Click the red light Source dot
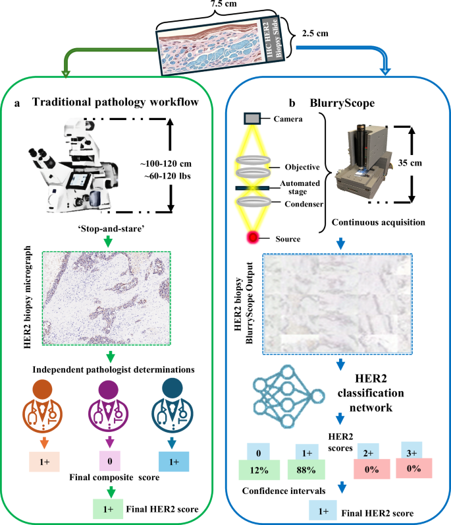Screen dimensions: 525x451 (252, 237)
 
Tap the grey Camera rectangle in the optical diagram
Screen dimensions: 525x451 (252, 118)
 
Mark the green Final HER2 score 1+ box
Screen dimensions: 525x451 (111, 510)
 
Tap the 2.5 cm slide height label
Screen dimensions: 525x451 (315, 30)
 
